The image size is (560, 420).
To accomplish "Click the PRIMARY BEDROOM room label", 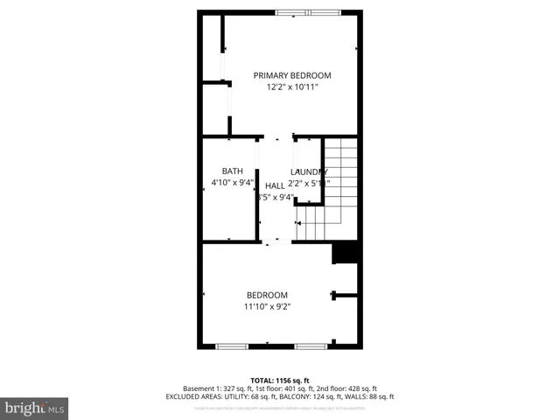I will [292, 75].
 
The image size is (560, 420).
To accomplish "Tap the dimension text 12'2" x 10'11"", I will [292, 87].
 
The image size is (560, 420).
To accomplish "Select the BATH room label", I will [232, 171].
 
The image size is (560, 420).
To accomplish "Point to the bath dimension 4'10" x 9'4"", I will [232, 183].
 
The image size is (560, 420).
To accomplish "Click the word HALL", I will [275, 185].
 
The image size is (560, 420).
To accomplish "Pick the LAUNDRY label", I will [309, 171].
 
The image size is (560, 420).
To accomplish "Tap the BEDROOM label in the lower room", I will [267, 295].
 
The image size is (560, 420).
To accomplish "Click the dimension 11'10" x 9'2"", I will [267, 306].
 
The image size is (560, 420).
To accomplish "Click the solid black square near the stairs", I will [346, 252].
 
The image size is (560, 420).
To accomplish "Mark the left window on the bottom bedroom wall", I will [231, 346].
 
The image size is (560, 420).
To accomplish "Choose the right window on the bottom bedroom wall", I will [310, 346].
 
